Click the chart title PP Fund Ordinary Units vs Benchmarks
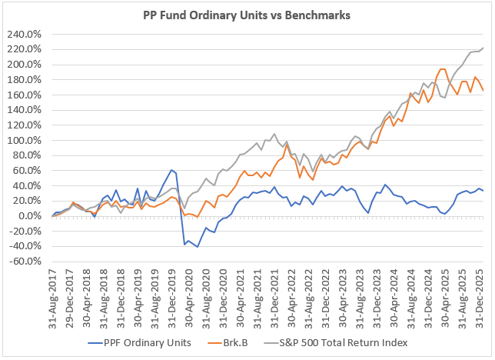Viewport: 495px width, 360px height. pos(247,15)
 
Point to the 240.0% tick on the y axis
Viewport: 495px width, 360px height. pos(28,35)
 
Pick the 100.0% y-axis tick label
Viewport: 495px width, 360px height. pos(28,141)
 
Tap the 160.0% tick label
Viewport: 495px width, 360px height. pos(28,95)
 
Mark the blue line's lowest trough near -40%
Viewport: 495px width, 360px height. pos(198,247)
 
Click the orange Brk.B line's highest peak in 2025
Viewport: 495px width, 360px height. pos(442,69)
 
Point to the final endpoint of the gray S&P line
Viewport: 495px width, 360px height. pos(483,48)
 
